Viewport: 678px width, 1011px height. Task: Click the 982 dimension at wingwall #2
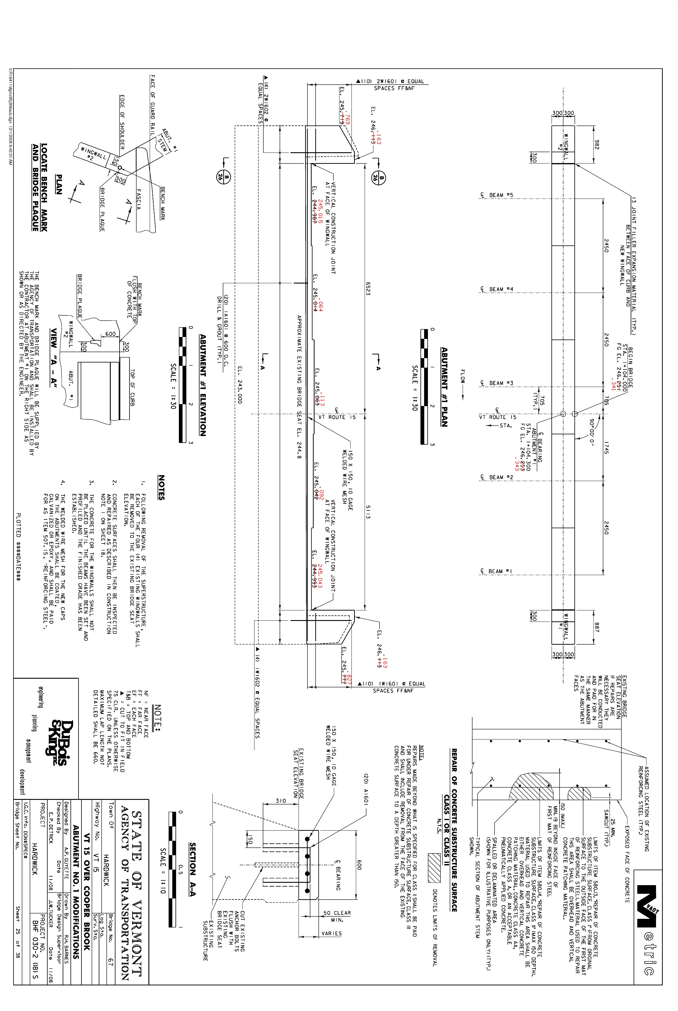click(x=597, y=144)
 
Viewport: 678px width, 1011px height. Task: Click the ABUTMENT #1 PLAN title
click(x=444, y=387)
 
